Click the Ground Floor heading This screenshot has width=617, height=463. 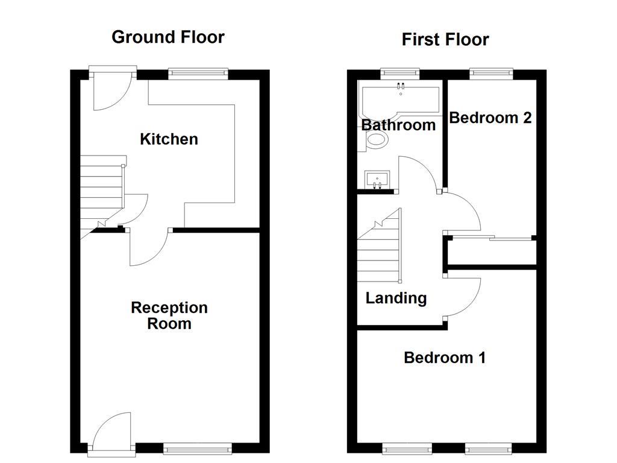pos(168,37)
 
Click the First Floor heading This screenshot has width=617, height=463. pos(445,40)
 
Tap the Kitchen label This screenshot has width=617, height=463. pos(169,139)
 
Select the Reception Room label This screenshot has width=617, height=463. pos(169,316)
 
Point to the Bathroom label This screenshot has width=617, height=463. pos(398,125)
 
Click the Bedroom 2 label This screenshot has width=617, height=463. pos(490,118)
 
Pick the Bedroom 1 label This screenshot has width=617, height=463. pos(445,357)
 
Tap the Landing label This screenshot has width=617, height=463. pos(396,298)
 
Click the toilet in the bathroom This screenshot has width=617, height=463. pos(376,141)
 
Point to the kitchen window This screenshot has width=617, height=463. pos(198,74)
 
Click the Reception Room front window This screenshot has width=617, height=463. pos(198,448)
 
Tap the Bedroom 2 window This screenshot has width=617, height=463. pos(490,74)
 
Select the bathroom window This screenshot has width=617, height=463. pos(401,74)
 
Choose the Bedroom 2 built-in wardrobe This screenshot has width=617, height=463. pos(492,252)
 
